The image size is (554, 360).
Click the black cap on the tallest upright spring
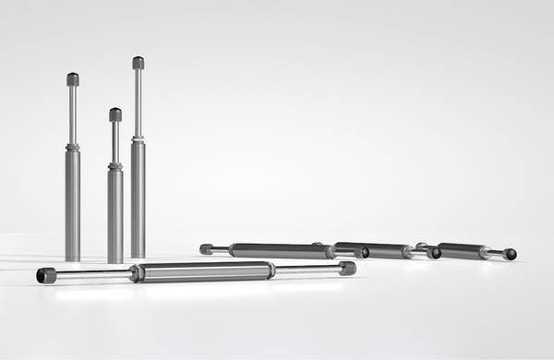138,63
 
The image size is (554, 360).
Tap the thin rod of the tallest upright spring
138,102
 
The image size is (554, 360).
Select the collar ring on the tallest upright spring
138,139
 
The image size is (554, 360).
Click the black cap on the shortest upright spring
115,114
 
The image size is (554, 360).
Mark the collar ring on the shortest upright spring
115,166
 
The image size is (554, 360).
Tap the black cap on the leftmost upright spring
73,79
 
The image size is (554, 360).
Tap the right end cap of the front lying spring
347,268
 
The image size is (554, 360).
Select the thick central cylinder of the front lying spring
203,270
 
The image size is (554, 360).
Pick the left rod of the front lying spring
92,274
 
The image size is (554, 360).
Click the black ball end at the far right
511,254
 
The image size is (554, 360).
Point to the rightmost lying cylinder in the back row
462,250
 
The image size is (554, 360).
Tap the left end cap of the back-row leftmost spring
207,248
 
